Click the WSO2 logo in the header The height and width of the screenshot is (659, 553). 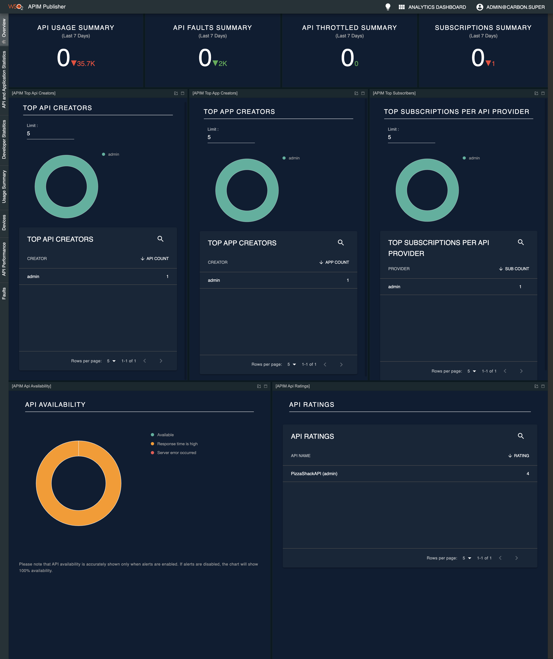click(x=15, y=7)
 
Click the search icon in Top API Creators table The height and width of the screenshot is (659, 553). click(x=160, y=239)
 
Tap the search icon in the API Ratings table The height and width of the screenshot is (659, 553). click(x=521, y=436)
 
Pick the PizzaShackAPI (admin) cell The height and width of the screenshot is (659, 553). click(x=314, y=474)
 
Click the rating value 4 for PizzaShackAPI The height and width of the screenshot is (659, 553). click(x=527, y=474)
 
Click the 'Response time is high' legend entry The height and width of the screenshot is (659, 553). click(x=177, y=444)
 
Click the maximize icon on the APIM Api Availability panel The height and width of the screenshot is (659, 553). click(x=265, y=386)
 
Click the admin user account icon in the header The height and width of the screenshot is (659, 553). click(x=479, y=7)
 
